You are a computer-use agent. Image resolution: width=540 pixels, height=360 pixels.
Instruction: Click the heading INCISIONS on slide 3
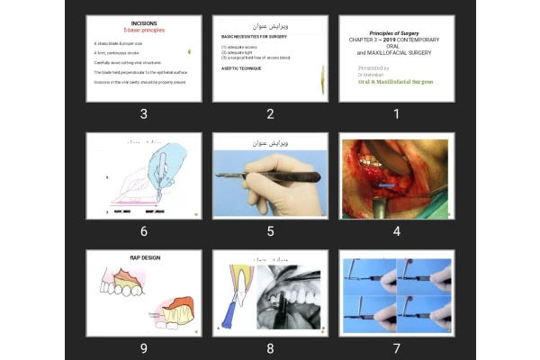pyautogui.click(x=144, y=22)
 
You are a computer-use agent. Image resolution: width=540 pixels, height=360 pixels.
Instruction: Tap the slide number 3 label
pyautogui.click(x=144, y=113)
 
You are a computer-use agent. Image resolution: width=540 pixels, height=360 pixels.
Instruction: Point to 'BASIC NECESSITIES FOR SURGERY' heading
pyautogui.click(x=256, y=37)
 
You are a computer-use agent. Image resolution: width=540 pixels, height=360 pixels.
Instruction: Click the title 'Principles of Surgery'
pyautogui.click(x=395, y=31)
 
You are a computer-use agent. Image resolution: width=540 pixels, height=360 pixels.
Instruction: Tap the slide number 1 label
pyautogui.click(x=396, y=113)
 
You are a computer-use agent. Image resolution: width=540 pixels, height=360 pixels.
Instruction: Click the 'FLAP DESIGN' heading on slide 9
pyautogui.click(x=144, y=257)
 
